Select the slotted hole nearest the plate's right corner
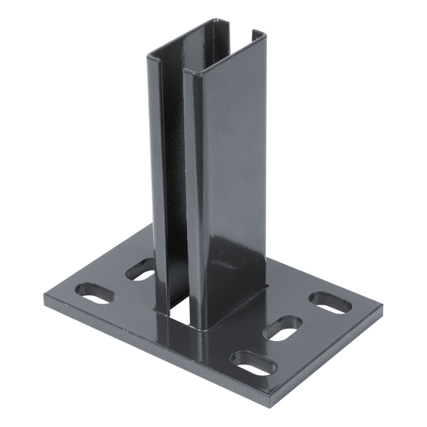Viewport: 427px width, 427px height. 331,303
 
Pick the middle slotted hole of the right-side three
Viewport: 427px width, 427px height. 283,328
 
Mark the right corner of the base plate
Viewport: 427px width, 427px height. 382,305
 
